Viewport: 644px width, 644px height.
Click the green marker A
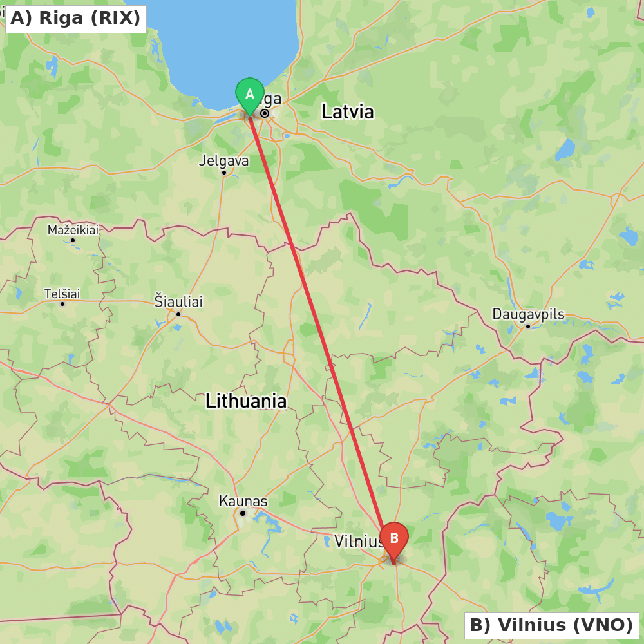click(250, 95)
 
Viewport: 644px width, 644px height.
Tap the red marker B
click(394, 539)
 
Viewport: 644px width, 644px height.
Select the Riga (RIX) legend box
click(75, 18)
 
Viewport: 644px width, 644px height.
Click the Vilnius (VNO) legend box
click(551, 625)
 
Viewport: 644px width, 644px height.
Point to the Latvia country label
click(347, 111)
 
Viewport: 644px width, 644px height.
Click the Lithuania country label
click(246, 401)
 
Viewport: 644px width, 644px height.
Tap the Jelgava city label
click(223, 160)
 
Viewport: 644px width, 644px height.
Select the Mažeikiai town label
click(73, 230)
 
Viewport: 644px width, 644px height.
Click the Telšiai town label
click(62, 294)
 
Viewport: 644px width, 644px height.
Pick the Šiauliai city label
click(178, 301)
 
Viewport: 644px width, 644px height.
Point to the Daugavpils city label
click(528, 314)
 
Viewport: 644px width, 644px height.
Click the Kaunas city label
click(243, 501)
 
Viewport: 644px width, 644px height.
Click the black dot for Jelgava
click(223, 172)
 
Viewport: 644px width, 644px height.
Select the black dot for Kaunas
click(243, 513)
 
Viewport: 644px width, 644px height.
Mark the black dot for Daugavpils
click(528, 326)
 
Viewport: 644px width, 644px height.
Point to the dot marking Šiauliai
click(178, 314)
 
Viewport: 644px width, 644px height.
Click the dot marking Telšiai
click(62, 304)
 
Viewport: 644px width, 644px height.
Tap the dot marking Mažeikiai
click(73, 240)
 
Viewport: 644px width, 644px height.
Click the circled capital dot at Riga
click(265, 113)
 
